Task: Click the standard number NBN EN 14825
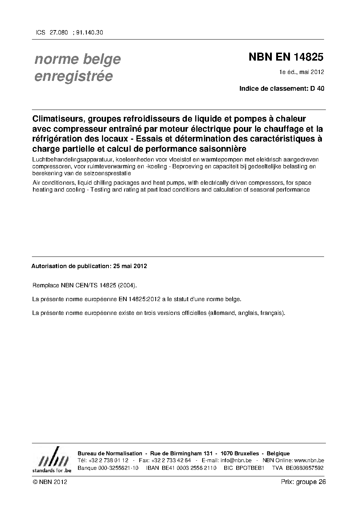[x=286, y=57]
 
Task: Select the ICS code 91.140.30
[x=89, y=32]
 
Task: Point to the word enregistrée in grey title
[x=73, y=77]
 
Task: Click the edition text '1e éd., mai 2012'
[x=301, y=72]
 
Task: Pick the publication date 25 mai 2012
[x=130, y=266]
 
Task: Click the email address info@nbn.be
[x=236, y=460]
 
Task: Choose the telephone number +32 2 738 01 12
[x=108, y=460]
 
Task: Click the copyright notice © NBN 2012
[x=50, y=482]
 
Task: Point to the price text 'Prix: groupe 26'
[x=303, y=482]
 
